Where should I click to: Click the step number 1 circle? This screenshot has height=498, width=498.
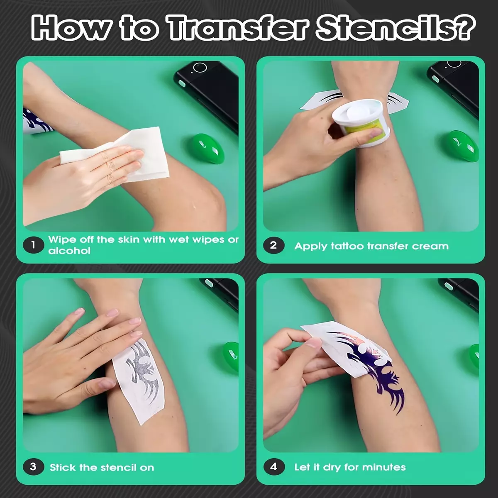pyautogui.click(x=33, y=245)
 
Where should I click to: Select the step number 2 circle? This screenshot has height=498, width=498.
pyautogui.click(x=273, y=245)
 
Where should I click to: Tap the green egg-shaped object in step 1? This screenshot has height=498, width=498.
pyautogui.click(x=208, y=148)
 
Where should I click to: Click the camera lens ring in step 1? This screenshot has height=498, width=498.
pyautogui.click(x=200, y=68)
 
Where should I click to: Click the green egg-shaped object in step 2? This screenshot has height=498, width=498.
pyautogui.click(x=463, y=146)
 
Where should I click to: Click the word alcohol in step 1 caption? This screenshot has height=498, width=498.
pyautogui.click(x=69, y=251)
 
